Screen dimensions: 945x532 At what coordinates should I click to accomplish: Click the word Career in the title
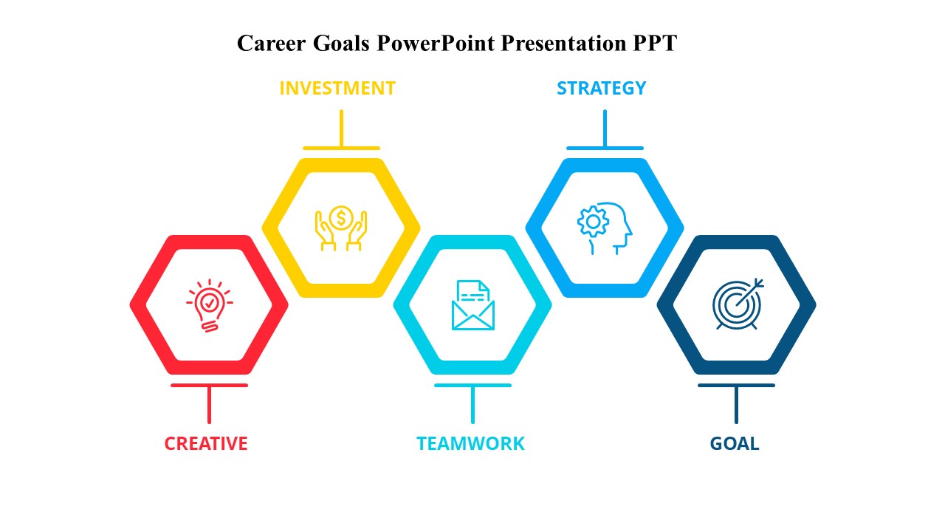point(271,43)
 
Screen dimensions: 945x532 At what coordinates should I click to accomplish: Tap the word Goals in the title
point(341,43)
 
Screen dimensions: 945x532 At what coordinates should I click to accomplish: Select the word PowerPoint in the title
point(436,43)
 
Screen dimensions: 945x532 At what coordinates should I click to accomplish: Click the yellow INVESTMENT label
point(337,88)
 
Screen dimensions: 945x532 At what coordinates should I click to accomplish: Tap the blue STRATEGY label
point(601,88)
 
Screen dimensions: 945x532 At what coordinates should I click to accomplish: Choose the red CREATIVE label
point(206,444)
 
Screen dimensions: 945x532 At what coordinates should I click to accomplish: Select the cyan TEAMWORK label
point(471,444)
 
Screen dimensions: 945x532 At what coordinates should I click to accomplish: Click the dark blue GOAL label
point(735,444)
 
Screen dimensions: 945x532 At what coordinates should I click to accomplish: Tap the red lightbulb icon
point(210,305)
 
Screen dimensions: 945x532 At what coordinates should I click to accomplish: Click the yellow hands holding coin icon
point(341,228)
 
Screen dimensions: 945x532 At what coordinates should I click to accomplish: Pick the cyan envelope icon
point(473,305)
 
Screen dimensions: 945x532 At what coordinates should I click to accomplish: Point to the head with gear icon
point(605,228)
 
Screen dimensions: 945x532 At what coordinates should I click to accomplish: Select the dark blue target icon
point(738,304)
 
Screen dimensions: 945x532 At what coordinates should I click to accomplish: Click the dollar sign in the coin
point(341,218)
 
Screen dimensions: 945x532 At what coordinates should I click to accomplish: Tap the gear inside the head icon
point(593,221)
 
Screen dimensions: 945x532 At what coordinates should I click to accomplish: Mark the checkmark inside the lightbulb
point(210,302)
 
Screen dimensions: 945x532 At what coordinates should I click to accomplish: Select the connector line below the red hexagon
point(209,403)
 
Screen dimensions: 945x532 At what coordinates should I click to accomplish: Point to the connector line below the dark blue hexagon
point(736,403)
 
